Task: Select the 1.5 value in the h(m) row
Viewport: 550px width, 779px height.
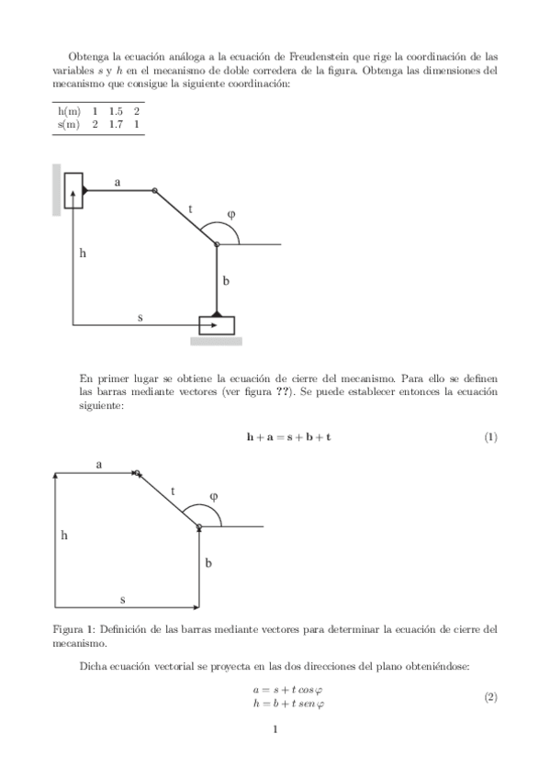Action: tap(116, 110)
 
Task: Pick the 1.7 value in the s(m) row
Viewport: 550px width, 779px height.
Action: tap(116, 123)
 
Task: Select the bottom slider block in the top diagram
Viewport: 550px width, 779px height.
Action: tap(217, 325)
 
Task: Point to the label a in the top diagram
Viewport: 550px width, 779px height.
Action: tap(118, 183)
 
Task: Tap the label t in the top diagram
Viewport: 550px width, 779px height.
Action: tap(190, 209)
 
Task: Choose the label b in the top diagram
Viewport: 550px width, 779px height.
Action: tap(225, 280)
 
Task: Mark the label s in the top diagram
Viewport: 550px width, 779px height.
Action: tap(140, 317)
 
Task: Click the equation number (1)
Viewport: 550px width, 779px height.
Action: tap(490, 436)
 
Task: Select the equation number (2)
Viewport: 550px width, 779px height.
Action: tap(490, 697)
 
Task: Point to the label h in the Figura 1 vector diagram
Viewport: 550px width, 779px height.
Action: tap(64, 535)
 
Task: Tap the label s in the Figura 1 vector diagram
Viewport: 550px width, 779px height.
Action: tap(123, 599)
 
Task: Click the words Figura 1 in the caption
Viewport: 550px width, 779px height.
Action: tap(75, 629)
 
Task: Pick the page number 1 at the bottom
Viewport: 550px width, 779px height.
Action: tap(275, 730)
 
